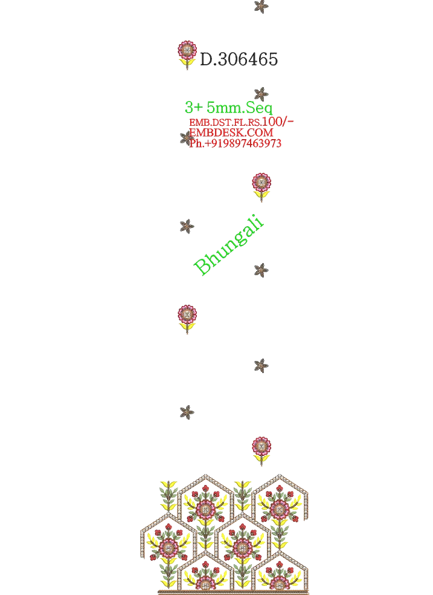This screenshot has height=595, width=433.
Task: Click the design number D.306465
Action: [x=239, y=60]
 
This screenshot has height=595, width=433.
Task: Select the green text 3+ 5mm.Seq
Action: [x=228, y=108]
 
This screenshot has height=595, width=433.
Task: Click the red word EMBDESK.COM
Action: [x=231, y=132]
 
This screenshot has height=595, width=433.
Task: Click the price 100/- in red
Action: [x=278, y=122]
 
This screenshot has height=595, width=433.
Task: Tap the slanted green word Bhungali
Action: [x=228, y=244]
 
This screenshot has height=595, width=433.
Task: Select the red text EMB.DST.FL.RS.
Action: [x=225, y=123]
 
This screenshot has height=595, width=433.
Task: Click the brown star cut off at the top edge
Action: [x=261, y=6]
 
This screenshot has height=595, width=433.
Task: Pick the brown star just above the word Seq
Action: [x=261, y=94]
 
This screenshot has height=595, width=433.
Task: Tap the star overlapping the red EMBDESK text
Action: [x=187, y=138]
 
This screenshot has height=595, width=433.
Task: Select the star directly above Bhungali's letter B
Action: [x=187, y=227]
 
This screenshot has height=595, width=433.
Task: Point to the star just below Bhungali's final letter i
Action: [x=261, y=270]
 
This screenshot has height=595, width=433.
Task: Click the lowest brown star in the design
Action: [x=187, y=412]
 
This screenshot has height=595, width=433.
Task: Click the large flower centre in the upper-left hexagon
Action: [x=206, y=509]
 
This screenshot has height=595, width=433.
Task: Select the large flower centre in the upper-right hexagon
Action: [x=280, y=509]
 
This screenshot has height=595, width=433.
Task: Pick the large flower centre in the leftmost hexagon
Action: [x=168, y=547]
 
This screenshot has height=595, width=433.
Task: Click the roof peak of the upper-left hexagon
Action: [x=206, y=475]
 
